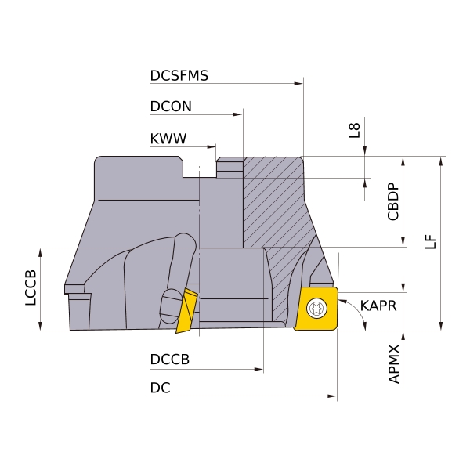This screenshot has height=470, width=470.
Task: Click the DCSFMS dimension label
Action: (x=179, y=75)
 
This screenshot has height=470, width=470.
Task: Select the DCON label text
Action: (x=171, y=107)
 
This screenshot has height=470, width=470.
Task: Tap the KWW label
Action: (x=168, y=139)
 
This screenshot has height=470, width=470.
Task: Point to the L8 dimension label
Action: (x=354, y=130)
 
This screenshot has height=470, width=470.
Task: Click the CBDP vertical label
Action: (x=393, y=202)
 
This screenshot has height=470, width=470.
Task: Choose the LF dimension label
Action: (x=430, y=241)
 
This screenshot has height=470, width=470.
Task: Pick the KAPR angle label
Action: (x=378, y=305)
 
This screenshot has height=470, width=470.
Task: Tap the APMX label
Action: (x=394, y=364)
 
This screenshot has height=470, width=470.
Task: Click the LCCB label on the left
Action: (x=31, y=288)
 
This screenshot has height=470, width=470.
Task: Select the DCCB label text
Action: (x=170, y=360)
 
